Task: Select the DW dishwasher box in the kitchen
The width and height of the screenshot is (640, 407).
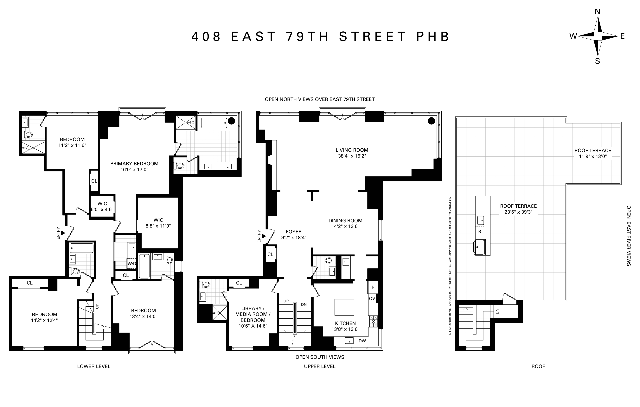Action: (362, 341)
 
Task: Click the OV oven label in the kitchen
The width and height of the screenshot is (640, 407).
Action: (372, 299)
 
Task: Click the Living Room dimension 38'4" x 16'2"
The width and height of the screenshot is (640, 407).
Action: (352, 156)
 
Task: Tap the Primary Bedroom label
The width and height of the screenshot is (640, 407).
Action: (134, 164)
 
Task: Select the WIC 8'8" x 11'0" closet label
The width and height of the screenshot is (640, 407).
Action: (158, 223)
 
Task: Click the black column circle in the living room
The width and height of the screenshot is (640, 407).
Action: (431, 121)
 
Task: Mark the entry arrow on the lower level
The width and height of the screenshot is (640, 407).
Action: (63, 233)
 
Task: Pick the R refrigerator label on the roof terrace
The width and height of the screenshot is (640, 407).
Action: (479, 231)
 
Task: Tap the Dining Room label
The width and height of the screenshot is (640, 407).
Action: (345, 221)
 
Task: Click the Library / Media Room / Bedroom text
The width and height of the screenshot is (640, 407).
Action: (253, 314)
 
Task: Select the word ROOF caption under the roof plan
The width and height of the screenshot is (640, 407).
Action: (538, 366)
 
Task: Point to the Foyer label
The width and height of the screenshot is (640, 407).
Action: (294, 232)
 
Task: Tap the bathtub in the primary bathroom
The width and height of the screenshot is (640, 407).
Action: (214, 123)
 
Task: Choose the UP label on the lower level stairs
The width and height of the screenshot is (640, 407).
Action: (97, 306)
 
